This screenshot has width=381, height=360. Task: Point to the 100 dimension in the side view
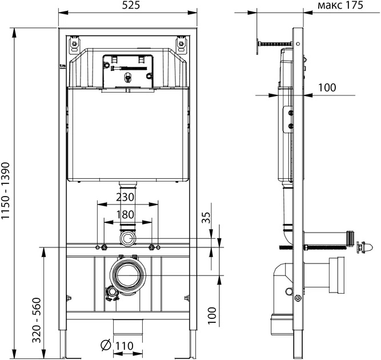327,87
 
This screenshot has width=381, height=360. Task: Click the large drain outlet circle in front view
129,273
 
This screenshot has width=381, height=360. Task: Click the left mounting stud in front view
104,247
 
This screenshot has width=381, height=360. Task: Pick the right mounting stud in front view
153,247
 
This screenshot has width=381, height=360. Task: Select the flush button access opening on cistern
128,70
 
